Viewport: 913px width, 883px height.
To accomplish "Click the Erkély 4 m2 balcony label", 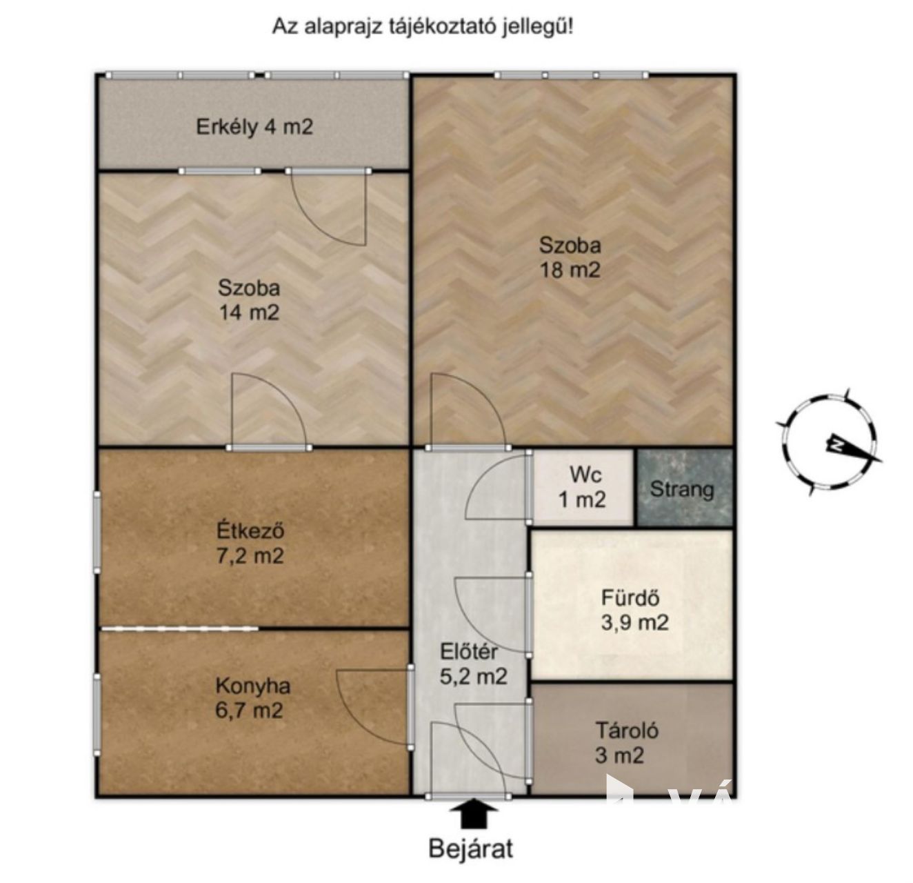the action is tap(254, 127).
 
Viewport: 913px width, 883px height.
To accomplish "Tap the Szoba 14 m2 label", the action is tap(249, 300).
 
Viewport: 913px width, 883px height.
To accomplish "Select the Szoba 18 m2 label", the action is tap(570, 258).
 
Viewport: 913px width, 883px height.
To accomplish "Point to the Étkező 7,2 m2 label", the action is tap(250, 544).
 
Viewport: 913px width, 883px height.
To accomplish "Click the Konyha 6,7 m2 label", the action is tap(252, 698).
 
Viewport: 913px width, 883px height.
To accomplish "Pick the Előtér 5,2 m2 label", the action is tap(473, 664).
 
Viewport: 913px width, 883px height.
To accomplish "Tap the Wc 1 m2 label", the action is tap(582, 487).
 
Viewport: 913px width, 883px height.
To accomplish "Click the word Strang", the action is tap(682, 490).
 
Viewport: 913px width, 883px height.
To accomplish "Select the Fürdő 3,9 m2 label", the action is tap(634, 611).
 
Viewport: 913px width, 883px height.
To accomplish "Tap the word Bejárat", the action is tap(470, 849).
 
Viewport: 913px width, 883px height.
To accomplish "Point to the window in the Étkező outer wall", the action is tap(97, 532).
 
